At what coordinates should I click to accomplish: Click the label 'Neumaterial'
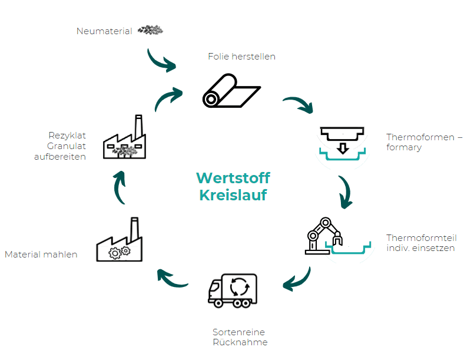(104, 31)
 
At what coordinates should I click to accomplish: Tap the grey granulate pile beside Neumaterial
(151, 29)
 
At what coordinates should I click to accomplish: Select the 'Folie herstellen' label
(241, 57)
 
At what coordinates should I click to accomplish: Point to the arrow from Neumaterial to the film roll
(161, 60)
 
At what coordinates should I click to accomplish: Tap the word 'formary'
(404, 147)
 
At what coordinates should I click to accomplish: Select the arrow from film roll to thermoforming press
(300, 104)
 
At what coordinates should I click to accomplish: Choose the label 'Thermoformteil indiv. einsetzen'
(422, 243)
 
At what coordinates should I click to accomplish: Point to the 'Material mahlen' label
(41, 255)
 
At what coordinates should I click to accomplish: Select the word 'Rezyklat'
(67, 136)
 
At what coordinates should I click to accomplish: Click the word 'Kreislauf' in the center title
(233, 195)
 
